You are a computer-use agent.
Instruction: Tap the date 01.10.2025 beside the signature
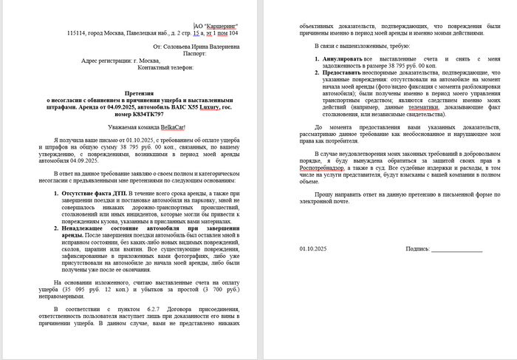(313, 249)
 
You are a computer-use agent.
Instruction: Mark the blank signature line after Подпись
(457, 251)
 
